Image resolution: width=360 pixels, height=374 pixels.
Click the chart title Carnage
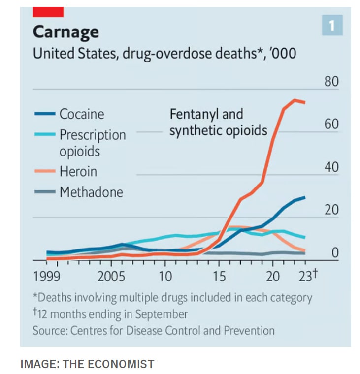point(65,32)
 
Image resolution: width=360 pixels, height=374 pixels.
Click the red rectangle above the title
point(48,12)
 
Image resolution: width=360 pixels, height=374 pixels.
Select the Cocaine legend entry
point(82,114)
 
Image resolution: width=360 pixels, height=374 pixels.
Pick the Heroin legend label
point(78,172)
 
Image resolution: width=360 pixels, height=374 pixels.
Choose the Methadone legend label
point(91,192)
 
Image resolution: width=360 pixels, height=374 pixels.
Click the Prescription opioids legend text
point(92,143)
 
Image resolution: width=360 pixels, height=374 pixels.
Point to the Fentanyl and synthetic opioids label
point(218,122)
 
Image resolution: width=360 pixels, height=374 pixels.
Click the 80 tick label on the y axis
point(331,81)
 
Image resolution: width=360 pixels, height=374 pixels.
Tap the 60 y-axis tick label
point(331,124)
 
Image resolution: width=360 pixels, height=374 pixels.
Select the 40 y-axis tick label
point(331,167)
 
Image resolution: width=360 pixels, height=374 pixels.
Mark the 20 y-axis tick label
point(331,210)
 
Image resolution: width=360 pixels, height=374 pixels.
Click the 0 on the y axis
point(335,253)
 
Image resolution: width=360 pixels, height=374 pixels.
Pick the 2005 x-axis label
point(111,277)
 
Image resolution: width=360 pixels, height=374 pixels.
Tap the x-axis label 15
point(219,277)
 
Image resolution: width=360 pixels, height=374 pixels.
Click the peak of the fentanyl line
point(295,100)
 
